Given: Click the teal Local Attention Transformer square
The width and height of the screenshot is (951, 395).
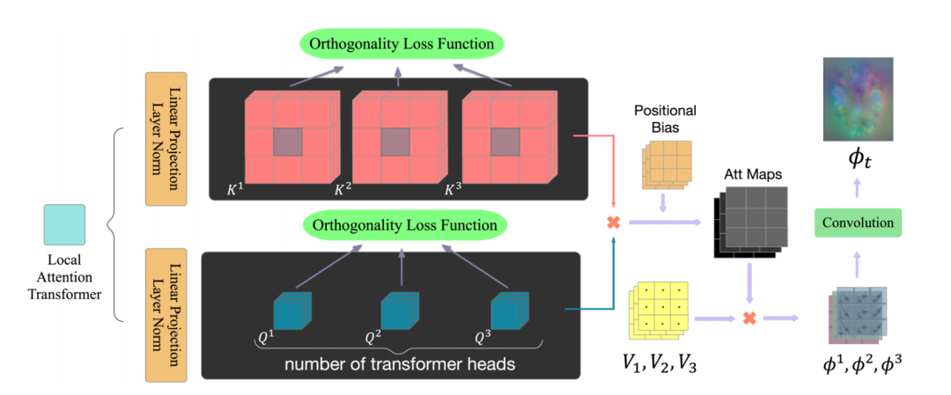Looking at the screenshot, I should pos(64,224).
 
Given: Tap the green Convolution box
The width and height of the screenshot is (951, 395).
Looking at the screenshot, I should pos(857,223).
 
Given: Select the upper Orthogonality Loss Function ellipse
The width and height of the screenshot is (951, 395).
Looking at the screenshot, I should pos(402,43).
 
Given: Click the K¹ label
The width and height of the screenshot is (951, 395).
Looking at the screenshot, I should pos(235,189).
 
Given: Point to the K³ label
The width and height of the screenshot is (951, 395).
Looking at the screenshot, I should pos(453,189).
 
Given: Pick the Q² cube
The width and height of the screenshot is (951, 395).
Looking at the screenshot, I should pos(398,311).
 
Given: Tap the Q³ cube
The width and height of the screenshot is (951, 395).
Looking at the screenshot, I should pos(507,311).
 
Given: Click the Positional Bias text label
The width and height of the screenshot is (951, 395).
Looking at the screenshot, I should pos(665,119).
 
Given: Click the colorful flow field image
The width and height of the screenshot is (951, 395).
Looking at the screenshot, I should pos(857,99).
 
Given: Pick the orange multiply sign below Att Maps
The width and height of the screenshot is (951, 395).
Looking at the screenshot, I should pos(750,317).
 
